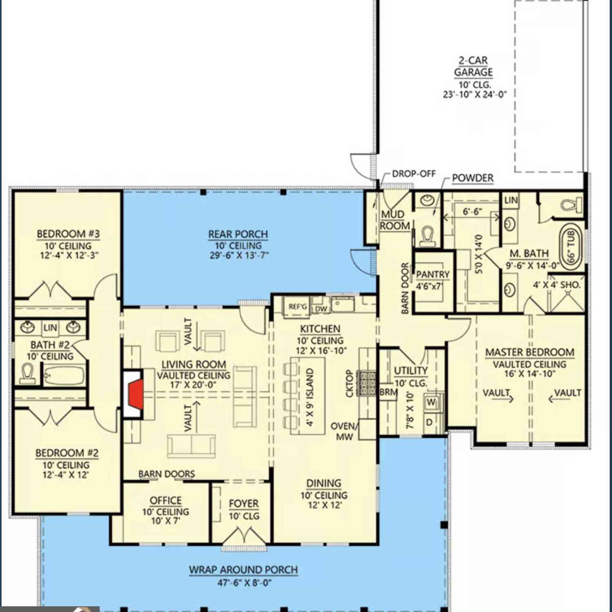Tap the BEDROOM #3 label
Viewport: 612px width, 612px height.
click(68, 234)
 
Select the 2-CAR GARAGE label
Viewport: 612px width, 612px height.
click(473, 66)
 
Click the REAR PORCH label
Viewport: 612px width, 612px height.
click(238, 234)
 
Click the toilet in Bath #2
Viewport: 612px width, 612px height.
click(28, 373)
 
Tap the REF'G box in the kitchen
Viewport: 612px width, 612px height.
click(297, 306)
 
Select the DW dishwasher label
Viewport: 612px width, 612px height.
click(321, 309)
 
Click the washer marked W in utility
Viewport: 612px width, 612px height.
click(431, 403)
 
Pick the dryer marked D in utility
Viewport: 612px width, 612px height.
click(430, 422)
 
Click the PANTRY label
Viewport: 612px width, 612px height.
click(433, 274)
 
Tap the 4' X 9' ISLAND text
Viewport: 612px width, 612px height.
click(310, 397)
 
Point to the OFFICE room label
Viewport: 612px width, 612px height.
click(166, 500)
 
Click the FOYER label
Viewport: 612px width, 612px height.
click(244, 503)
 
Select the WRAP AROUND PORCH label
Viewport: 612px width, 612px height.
click(243, 570)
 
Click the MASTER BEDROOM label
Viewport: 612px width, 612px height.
click(530, 352)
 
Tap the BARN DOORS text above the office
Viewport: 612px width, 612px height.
click(166, 474)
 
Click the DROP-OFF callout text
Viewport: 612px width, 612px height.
click(414, 174)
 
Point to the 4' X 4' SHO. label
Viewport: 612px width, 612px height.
click(557, 285)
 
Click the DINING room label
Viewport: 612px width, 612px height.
click(324, 483)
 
